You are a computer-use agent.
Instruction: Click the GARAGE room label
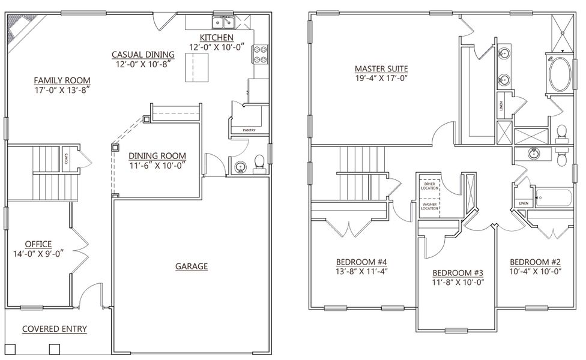(x=192, y=266)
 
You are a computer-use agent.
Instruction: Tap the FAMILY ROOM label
(x=62, y=80)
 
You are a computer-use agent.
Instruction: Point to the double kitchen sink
(x=223, y=23)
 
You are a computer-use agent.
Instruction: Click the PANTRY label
(x=250, y=130)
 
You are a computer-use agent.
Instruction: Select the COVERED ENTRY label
(x=55, y=329)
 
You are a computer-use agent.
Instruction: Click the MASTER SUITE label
(x=381, y=68)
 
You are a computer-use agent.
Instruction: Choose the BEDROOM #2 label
(x=534, y=262)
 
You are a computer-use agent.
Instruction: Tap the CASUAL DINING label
(x=143, y=55)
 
